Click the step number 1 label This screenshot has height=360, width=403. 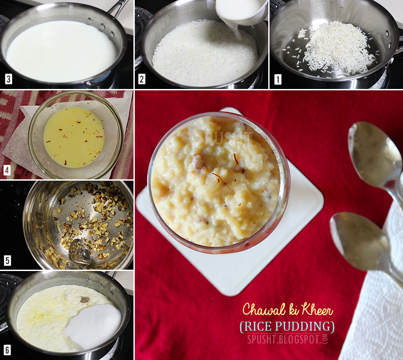pyautogui.click(x=278, y=80)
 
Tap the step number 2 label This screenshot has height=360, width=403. pyautogui.click(x=141, y=79)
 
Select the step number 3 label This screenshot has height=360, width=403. pyautogui.click(x=8, y=79)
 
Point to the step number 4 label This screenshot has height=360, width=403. pyautogui.click(x=7, y=170)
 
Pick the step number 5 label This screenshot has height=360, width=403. pyautogui.click(x=8, y=261)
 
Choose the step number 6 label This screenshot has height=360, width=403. pyautogui.click(x=8, y=350)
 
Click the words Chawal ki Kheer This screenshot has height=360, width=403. pyautogui.click(x=288, y=309)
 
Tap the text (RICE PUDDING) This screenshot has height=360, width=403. pyautogui.click(x=287, y=326)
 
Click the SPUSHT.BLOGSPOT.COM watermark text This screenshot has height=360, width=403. pyautogui.click(x=288, y=339)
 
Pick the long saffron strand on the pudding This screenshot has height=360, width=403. pyautogui.click(x=223, y=182)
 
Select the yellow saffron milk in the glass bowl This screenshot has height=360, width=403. pyautogui.click(x=74, y=138)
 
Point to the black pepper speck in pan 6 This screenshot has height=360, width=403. pyautogui.click(x=85, y=299)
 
